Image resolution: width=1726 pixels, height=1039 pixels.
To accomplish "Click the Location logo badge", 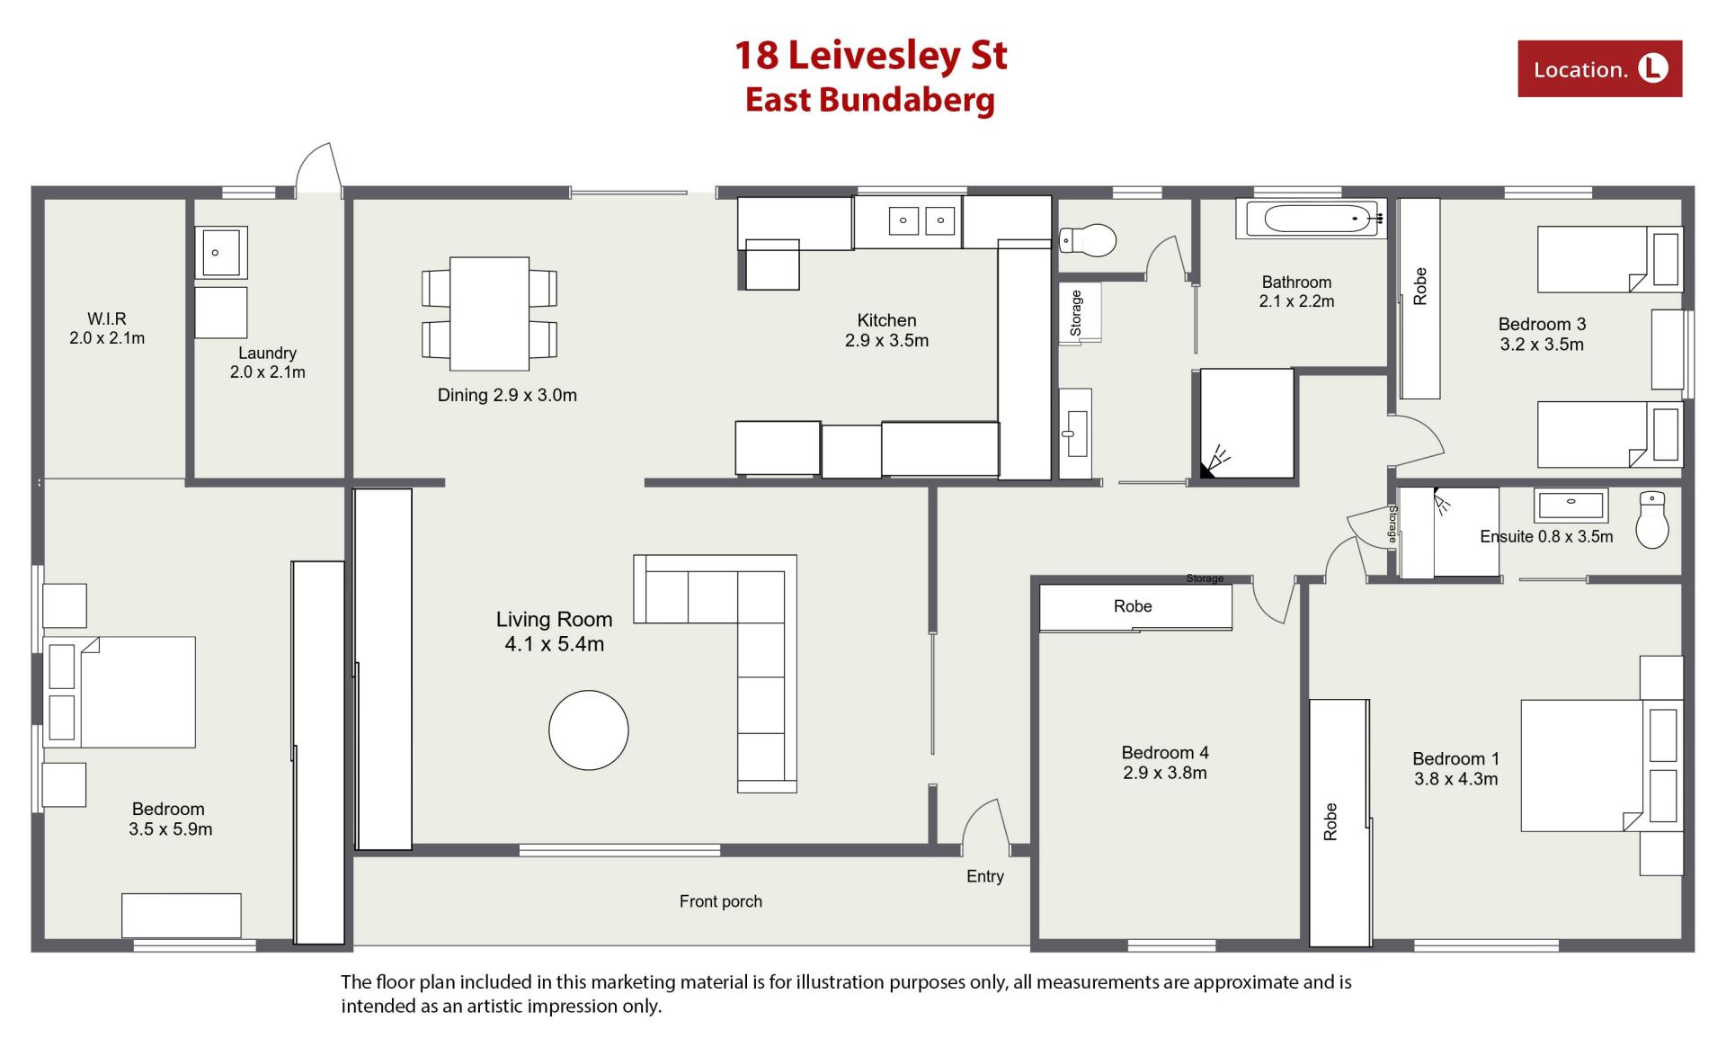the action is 1599,68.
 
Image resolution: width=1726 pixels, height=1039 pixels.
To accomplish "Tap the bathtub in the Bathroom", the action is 1311,218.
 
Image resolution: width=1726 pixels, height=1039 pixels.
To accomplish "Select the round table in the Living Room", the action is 589,730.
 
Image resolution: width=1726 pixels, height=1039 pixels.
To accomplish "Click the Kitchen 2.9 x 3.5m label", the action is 886,330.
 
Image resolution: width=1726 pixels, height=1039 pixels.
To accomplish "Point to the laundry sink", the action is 221,253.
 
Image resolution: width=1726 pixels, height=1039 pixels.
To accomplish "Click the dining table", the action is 489,314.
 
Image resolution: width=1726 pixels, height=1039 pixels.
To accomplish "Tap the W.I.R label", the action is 107,318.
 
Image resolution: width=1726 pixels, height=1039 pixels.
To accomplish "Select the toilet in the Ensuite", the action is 1652,519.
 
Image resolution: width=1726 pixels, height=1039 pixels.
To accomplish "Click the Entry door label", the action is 985,876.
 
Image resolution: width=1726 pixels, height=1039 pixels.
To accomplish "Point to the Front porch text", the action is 721,901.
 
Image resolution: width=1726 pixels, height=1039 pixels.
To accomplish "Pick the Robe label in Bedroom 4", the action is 1133,606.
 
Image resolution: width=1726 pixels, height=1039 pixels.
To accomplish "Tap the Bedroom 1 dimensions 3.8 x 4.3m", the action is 1456,779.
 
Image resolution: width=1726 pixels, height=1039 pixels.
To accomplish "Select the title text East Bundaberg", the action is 870,100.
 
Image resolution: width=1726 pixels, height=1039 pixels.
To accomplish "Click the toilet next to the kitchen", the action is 1088,240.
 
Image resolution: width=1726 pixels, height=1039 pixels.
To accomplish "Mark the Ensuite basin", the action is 1570,505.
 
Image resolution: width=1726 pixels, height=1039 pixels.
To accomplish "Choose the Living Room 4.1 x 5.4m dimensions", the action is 555,644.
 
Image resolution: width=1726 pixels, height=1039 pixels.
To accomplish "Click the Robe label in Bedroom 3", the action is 1420,286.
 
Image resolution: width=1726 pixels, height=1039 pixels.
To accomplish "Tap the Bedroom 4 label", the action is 1165,752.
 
